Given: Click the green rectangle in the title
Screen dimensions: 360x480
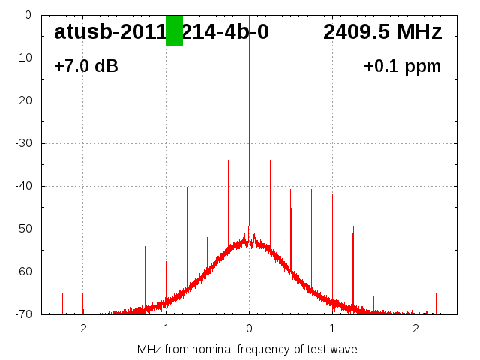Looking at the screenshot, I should tap(174, 31).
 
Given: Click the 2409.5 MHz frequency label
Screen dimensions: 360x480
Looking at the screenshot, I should tap(382, 32).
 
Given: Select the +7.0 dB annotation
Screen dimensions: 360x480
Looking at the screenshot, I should tap(86, 66).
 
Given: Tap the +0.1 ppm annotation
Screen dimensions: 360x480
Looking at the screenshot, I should tap(402, 66).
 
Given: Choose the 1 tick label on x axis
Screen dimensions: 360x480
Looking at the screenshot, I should tap(332, 328).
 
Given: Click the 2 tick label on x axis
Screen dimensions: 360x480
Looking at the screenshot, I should tap(415, 328).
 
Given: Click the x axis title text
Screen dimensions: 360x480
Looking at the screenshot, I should tap(247, 349).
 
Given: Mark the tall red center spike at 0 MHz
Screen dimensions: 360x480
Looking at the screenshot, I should tap(249, 112).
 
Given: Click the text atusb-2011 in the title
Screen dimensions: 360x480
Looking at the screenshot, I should tap(109, 32).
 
